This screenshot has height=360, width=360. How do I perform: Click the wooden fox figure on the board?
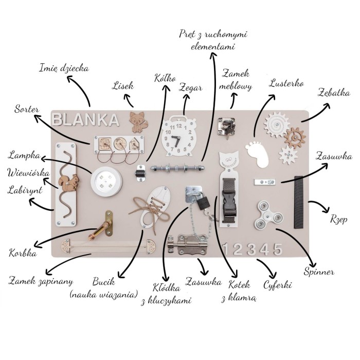tap(138, 122)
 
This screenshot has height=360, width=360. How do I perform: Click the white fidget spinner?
tap(268, 214)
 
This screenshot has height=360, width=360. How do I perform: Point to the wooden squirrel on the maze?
tap(69, 182)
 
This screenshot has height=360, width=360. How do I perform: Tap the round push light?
tap(106, 182)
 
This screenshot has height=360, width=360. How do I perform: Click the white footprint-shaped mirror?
tap(257, 152)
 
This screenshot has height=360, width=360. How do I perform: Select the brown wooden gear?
tap(295, 138)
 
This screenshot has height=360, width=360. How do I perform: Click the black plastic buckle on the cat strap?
tap(229, 204)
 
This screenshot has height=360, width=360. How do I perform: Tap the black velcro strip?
tap(299, 202)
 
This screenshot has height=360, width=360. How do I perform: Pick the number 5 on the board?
tap(278, 249)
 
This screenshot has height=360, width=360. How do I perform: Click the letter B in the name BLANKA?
tap(57, 120)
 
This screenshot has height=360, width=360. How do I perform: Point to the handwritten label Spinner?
tap(319, 272)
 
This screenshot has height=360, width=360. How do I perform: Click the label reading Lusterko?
tap(286, 83)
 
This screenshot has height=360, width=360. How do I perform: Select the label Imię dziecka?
tap(64, 68)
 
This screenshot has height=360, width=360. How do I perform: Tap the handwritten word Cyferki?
tap(277, 285)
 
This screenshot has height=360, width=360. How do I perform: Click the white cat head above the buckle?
tap(228, 160)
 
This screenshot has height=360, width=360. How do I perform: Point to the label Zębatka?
tap(334, 93)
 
